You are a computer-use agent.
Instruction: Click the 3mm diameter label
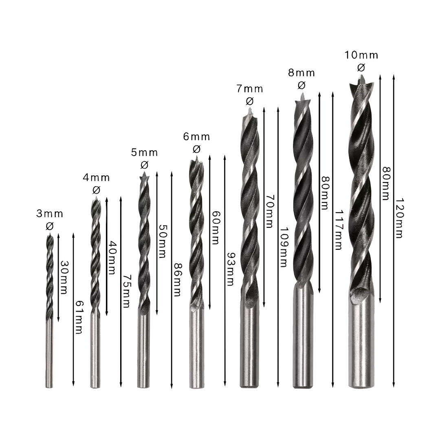pos(49,214)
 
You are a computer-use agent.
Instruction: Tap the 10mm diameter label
pos(361,55)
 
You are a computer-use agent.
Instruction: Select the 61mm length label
pos(79,317)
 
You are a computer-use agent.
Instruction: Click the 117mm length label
pos(339,229)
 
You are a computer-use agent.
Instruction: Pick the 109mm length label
pos(284,247)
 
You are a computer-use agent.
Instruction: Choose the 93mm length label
pos(231,269)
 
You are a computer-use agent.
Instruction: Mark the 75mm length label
pos(126,291)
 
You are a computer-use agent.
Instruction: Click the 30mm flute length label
pos(64,277)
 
